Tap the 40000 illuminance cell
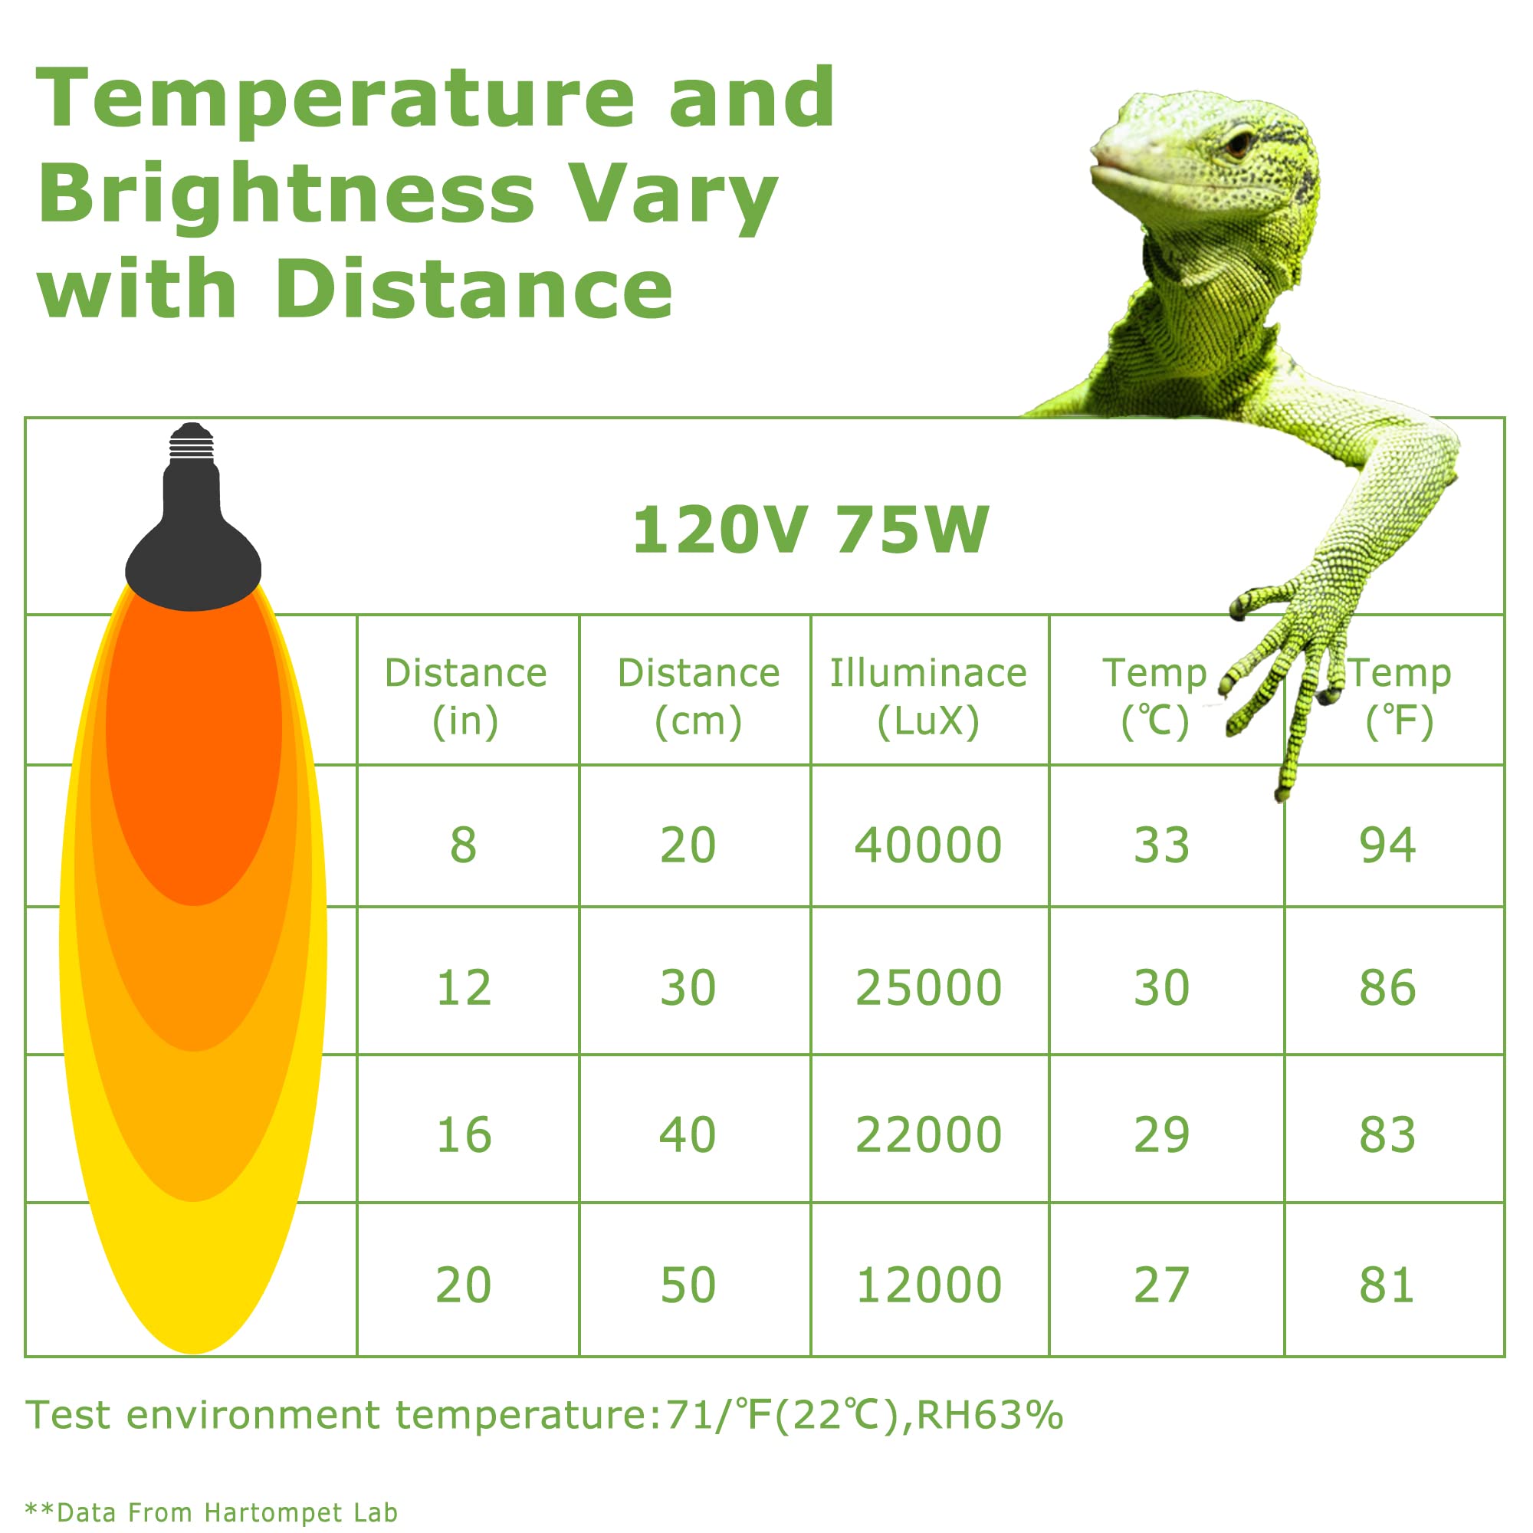(927, 845)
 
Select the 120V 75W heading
(810, 530)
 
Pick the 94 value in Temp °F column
(1387, 845)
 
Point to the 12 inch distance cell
(464, 988)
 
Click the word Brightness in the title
(287, 194)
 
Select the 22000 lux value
(927, 1135)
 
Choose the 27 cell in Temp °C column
(1160, 1285)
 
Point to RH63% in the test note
(990, 1415)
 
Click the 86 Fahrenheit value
(1387, 988)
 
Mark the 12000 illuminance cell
(927, 1285)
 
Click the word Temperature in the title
(335, 98)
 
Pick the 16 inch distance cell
(464, 1135)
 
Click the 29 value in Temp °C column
(1160, 1135)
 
